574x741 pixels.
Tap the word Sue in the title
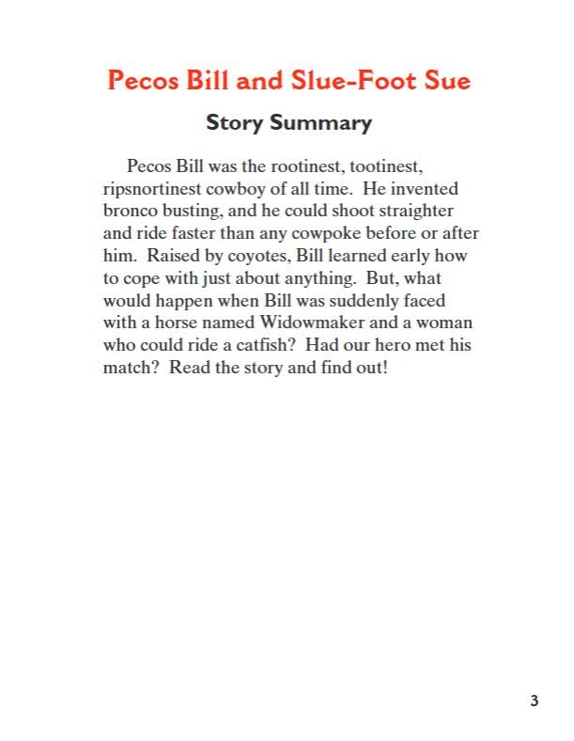(x=444, y=80)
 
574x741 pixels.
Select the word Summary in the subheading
(x=320, y=123)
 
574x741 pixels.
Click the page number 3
(x=535, y=701)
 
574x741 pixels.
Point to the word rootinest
(x=303, y=166)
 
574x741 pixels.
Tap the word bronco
(x=130, y=212)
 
